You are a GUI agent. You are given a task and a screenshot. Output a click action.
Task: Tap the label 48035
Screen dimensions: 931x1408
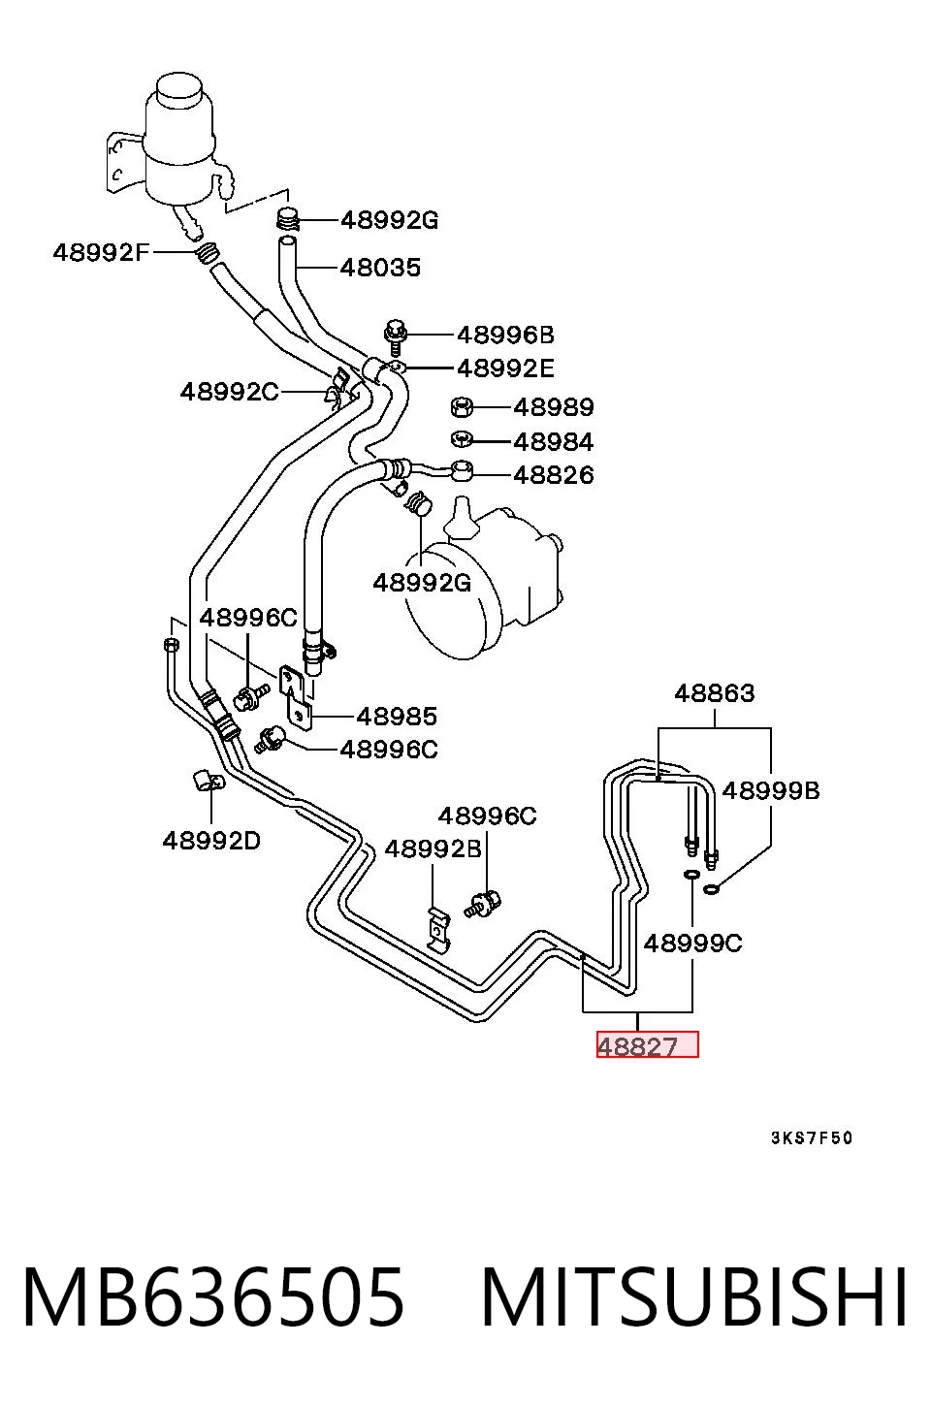click(380, 268)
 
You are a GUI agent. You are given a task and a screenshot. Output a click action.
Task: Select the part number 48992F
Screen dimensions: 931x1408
click(101, 253)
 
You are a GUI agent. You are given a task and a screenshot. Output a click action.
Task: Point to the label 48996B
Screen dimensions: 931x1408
click(505, 335)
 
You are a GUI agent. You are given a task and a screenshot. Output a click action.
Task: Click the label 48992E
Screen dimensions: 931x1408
click(505, 368)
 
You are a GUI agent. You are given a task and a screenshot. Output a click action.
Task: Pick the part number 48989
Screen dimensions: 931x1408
click(554, 408)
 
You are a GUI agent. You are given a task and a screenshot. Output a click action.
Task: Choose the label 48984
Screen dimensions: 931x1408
click(554, 442)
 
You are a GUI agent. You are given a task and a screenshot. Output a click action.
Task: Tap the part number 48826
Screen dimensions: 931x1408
click(554, 475)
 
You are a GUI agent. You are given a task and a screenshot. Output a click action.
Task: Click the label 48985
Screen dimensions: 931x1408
click(397, 716)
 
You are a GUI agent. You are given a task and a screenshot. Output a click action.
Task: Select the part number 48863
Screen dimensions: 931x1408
click(715, 693)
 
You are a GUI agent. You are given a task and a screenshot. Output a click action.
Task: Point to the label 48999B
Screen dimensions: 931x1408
click(771, 790)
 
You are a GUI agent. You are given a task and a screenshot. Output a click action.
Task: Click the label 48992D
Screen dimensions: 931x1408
click(211, 841)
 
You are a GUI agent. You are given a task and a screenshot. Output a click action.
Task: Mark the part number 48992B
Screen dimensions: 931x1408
click(433, 849)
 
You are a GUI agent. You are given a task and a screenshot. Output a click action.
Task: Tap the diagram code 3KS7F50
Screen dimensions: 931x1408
click(812, 1137)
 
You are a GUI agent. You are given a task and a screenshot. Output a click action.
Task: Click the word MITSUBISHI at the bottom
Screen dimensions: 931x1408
click(694, 1297)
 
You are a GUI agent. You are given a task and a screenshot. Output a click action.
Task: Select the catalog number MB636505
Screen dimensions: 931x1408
click(213, 1297)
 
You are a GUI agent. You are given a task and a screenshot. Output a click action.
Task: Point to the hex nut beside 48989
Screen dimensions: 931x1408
click(462, 407)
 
